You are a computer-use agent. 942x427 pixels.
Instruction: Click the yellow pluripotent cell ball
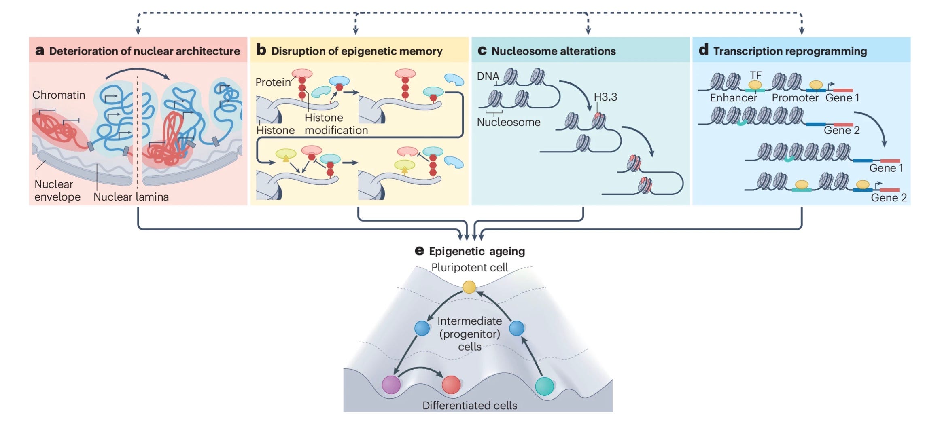(469, 287)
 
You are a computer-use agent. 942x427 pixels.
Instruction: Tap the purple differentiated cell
(391, 385)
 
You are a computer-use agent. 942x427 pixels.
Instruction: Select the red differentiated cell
(451, 385)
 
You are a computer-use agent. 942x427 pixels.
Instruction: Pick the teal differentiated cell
(544, 386)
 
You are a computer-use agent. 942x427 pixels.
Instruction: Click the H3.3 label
(605, 97)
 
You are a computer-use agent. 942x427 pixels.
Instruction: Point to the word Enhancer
(733, 98)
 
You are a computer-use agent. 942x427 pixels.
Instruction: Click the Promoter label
(795, 98)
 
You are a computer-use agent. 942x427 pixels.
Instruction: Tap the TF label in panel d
(755, 76)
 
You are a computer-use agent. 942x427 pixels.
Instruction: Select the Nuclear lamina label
(131, 197)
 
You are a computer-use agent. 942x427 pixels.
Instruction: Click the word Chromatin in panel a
(59, 95)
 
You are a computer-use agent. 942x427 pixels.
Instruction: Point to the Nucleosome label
(508, 122)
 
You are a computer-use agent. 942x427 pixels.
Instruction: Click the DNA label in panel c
(488, 76)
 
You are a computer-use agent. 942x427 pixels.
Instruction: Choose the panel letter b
(261, 50)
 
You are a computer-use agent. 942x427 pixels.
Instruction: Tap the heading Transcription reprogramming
(790, 51)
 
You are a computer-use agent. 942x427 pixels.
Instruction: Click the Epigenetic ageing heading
(477, 252)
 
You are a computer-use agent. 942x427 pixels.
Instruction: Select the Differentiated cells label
(469, 406)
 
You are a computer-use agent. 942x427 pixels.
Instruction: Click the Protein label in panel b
(273, 82)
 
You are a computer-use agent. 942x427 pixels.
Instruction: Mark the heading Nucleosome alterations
(553, 51)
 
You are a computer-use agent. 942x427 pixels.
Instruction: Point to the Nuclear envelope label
(57, 190)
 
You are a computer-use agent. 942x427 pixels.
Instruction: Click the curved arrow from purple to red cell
(421, 369)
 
